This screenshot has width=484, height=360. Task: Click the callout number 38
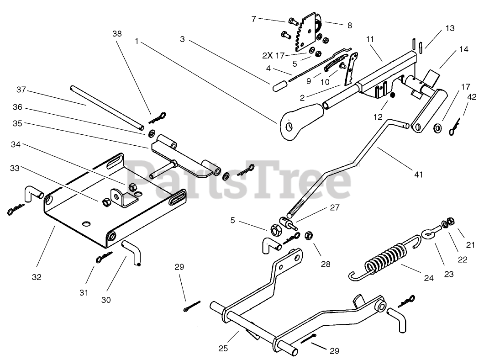click(x=117, y=33)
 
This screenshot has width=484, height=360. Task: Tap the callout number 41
click(x=419, y=174)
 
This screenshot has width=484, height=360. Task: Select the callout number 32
click(x=37, y=277)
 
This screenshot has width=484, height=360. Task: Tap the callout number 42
click(x=472, y=97)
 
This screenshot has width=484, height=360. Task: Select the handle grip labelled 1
click(x=296, y=121)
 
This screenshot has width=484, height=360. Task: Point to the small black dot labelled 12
click(x=392, y=95)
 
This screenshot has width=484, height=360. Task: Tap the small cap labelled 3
click(x=279, y=86)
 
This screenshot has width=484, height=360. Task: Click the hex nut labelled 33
click(x=105, y=201)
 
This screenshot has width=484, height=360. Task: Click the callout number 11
click(x=370, y=40)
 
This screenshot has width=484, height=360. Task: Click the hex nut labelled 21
click(x=450, y=222)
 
